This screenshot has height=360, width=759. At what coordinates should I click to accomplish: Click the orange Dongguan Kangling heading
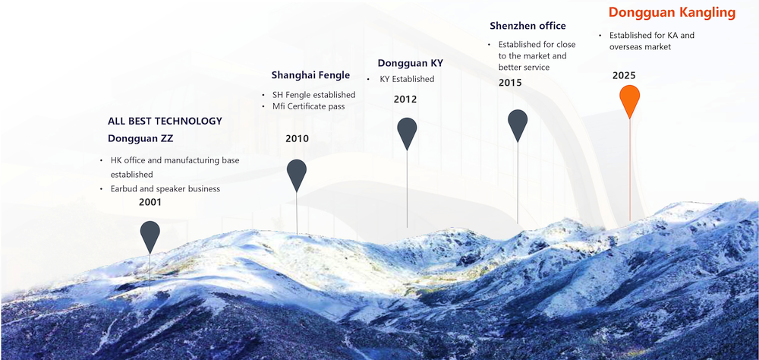point(672,13)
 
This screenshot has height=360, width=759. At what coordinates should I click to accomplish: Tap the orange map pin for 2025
point(630,101)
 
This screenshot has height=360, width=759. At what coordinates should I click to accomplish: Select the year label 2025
point(624,76)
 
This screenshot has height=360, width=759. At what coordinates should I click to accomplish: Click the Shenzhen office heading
point(528,26)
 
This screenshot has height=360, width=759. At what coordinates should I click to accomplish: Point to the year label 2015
point(510,83)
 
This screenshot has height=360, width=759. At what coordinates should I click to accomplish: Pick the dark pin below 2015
point(518,125)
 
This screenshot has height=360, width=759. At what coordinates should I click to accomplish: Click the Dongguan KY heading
point(411,63)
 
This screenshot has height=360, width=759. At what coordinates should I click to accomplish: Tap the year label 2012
point(405,99)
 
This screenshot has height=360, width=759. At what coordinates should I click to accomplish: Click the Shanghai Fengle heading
point(310,75)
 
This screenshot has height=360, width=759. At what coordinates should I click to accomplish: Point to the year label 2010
point(298,139)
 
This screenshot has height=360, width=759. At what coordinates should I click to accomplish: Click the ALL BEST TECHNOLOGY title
point(165,121)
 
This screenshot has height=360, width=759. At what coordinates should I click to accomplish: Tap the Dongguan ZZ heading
point(140,138)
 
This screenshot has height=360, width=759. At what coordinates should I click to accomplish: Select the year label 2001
point(150,203)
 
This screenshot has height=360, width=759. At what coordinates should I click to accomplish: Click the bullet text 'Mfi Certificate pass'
point(309,106)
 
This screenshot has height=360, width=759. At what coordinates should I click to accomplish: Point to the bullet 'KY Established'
point(407,79)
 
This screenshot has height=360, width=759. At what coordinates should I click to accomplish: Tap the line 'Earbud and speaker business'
point(165,189)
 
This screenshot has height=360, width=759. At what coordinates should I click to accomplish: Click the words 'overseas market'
point(641,47)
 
